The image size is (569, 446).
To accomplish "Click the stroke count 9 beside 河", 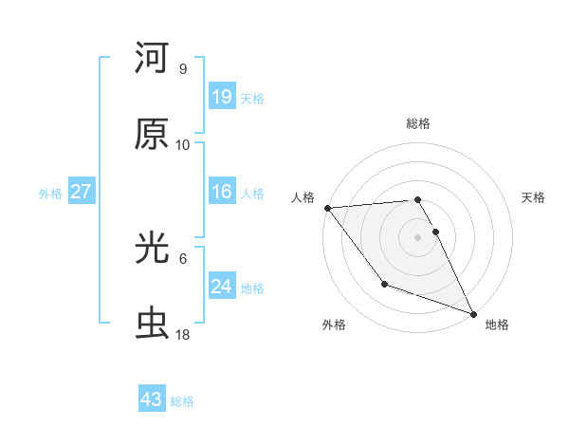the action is coord(182,69).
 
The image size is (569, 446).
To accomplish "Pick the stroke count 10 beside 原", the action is coord(183,144).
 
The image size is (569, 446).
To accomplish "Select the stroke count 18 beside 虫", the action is coord(183,335).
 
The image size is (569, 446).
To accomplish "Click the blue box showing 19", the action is coord(222,97).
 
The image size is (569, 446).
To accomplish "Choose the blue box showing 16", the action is coord(222,192).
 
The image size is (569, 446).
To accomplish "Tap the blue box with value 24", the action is coord(222,287).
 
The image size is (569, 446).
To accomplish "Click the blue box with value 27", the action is coord(81,192).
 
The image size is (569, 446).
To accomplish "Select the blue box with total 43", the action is coord(152,400).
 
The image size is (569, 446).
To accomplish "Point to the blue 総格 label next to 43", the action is coord(182,401).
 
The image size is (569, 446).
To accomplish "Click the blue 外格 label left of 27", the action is coord(50,194).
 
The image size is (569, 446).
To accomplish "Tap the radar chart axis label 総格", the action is coord(418,123).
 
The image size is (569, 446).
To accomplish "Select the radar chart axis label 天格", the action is coord(534,197).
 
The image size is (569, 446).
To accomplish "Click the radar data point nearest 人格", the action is coord(327,208).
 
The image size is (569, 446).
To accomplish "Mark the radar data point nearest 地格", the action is coord(473,313).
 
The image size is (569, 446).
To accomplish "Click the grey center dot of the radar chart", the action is coord(418,236).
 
